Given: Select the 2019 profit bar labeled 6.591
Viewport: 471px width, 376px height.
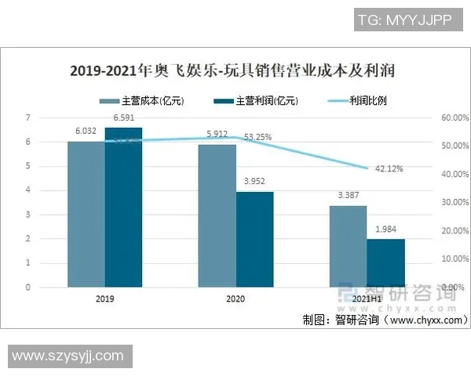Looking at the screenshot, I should tap(123, 207).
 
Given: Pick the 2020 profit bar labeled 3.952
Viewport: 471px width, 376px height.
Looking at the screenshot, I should tap(255, 239).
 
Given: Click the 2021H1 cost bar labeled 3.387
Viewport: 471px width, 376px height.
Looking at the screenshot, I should tap(349, 246).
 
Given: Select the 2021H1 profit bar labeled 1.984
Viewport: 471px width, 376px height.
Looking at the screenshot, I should tap(386, 262).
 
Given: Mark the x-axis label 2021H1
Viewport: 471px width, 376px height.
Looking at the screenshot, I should tap(367, 299).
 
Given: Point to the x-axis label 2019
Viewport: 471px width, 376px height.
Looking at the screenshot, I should tap(104, 299).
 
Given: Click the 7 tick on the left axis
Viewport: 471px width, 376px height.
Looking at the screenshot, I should tap(49, 117).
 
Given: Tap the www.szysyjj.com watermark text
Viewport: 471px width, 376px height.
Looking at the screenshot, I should tap(68, 356).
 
